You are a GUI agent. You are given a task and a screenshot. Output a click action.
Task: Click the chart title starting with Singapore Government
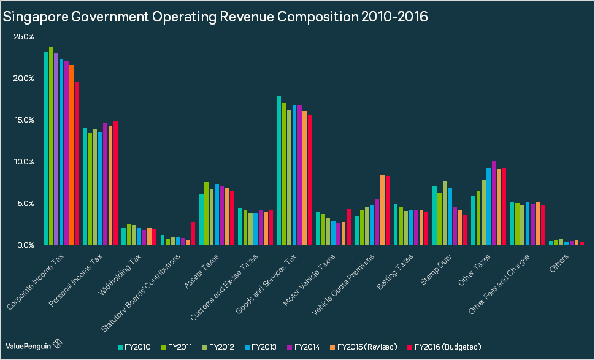click(215, 17)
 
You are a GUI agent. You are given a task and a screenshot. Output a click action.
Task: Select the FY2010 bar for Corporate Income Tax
click(46, 148)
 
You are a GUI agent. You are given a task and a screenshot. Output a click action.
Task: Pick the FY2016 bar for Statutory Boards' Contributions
click(193, 233)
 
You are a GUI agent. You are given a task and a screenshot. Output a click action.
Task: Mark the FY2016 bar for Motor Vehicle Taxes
click(348, 227)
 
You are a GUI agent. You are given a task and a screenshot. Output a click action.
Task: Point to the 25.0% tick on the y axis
click(24, 37)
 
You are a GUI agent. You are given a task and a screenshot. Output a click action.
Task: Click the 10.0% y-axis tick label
click(24, 162)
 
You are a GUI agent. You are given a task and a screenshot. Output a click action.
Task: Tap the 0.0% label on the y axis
click(25, 245)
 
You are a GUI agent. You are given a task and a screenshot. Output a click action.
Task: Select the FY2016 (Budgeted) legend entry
click(444, 347)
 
